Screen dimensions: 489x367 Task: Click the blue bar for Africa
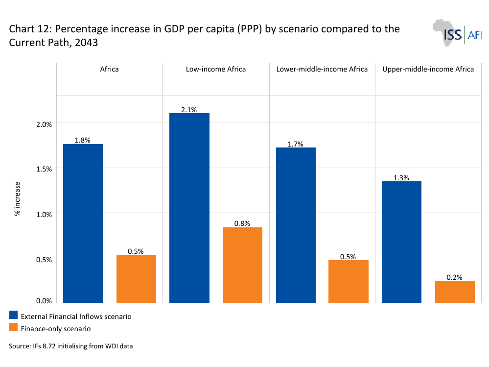point(83,223)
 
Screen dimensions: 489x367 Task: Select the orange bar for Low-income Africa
point(242,265)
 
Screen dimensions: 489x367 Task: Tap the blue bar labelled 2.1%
point(189,208)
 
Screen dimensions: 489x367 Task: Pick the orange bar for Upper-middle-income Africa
point(455,292)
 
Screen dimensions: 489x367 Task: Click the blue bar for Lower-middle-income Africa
point(296,225)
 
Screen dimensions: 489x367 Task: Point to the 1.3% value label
point(401,178)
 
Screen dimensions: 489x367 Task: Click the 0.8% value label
point(242,223)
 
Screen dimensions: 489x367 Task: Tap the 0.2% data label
point(454,277)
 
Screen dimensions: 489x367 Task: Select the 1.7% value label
point(295,144)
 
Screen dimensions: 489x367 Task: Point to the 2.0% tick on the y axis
point(44,124)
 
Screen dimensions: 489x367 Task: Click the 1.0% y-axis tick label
point(44,215)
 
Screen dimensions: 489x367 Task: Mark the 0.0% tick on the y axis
point(44,301)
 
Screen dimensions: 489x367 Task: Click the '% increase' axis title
point(17,199)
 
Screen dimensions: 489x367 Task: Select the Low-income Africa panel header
point(216,69)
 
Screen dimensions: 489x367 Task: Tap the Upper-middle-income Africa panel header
point(428,69)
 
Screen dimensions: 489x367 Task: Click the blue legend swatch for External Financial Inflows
point(13,315)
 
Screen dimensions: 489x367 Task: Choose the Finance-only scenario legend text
point(56,329)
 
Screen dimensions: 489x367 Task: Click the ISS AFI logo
point(458,33)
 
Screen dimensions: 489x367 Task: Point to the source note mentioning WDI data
point(71,346)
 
